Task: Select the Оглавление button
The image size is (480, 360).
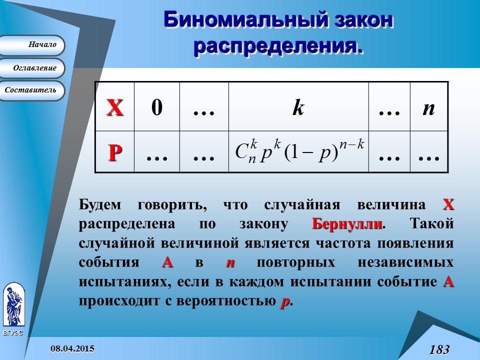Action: point(31,68)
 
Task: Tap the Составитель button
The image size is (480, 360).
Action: point(31,90)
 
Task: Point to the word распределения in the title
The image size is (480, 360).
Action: point(277,46)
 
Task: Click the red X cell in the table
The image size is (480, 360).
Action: point(114,107)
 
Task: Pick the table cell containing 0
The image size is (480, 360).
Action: point(156,107)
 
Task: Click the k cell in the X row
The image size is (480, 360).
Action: point(298,107)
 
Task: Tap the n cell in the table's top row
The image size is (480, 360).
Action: point(428,107)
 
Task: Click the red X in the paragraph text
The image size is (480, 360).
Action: point(448,204)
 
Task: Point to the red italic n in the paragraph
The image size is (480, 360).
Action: point(230,263)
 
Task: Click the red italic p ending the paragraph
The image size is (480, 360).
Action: point(285,301)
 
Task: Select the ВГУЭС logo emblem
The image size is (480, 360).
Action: point(13,305)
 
